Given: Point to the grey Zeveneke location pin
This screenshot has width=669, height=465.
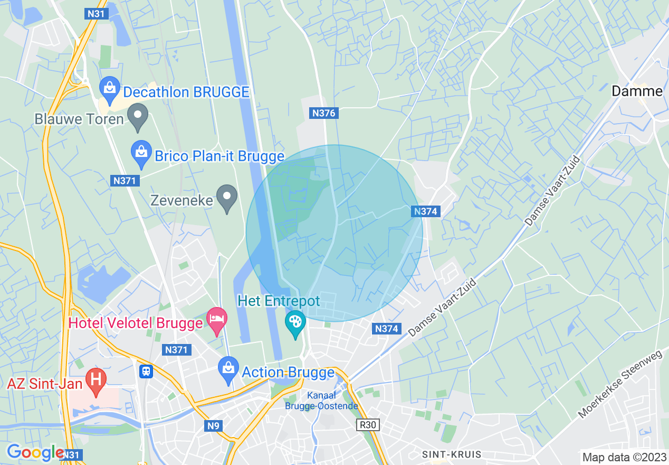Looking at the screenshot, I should [x=227, y=198].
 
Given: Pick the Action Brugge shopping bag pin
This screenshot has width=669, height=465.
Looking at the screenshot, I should [x=228, y=371].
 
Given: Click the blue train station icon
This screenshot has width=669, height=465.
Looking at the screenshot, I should [x=146, y=371].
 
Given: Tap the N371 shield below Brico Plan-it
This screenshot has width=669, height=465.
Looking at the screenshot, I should [x=125, y=181].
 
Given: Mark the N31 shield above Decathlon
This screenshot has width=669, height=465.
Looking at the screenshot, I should [x=96, y=14].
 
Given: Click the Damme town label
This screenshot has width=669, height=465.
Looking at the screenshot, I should [x=637, y=91].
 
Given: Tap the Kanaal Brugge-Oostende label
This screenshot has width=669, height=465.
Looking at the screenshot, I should [x=321, y=401].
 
